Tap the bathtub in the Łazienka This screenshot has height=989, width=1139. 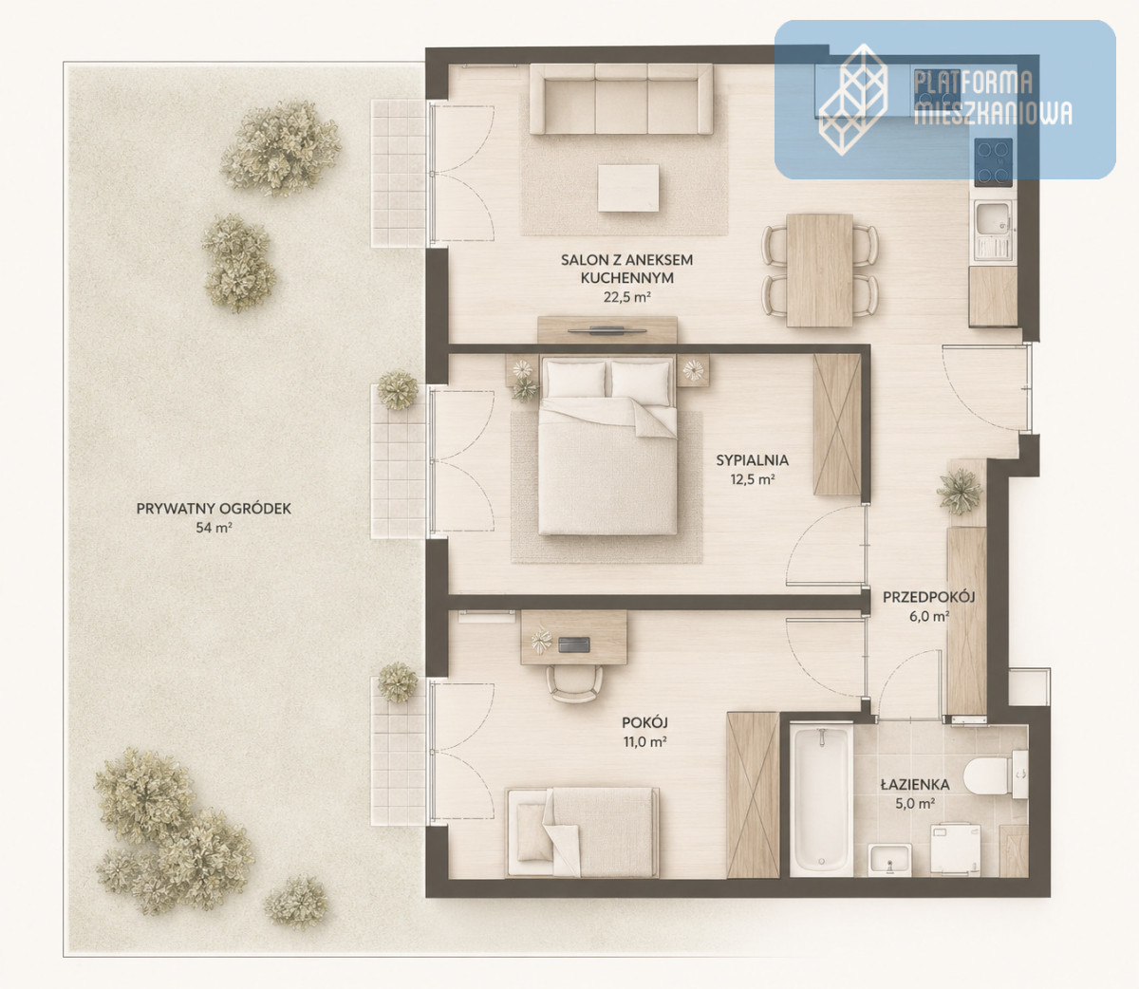coord(821,800)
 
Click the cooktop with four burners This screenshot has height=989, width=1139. coord(993,162)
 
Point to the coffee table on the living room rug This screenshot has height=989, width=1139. coord(628,188)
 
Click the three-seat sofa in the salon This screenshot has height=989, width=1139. coord(621,99)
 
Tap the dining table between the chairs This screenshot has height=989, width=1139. coord(819,271)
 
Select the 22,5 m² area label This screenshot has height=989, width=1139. coord(627,297)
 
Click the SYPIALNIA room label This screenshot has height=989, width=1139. coord(752,460)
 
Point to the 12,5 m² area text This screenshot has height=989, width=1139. coord(753,479)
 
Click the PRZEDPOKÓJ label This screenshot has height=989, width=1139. coord(928,597)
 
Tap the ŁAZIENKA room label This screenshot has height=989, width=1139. coord(915,785)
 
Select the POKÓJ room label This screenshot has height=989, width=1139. coord(644,723)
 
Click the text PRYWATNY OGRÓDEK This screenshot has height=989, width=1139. coord(214,509)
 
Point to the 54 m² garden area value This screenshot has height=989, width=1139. coord(214,528)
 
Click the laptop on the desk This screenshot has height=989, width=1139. coord(574,644)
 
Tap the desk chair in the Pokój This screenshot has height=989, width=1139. coord(574,684)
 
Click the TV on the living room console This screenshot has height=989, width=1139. coord(607,330)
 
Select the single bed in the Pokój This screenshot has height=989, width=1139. coord(582,832)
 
